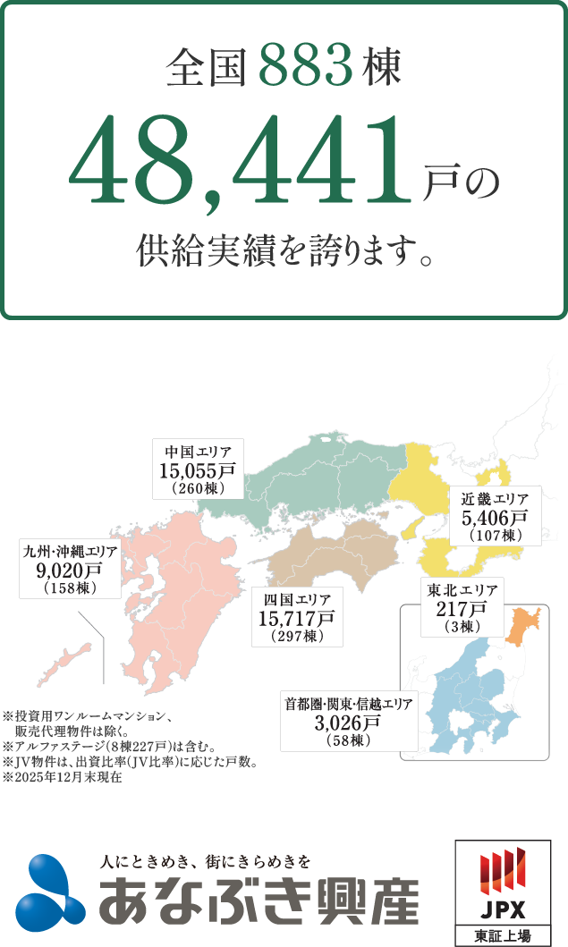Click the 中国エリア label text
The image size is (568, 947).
click(198, 452)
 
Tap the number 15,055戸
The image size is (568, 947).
click(198, 470)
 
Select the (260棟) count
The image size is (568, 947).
click(198, 489)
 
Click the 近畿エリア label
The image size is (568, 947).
click(495, 499)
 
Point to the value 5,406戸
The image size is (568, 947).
click(495, 517)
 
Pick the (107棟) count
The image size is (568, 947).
click(495, 536)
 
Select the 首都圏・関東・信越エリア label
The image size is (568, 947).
click(348, 704)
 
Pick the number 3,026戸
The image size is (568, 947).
click(348, 723)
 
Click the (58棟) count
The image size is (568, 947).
click(348, 741)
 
